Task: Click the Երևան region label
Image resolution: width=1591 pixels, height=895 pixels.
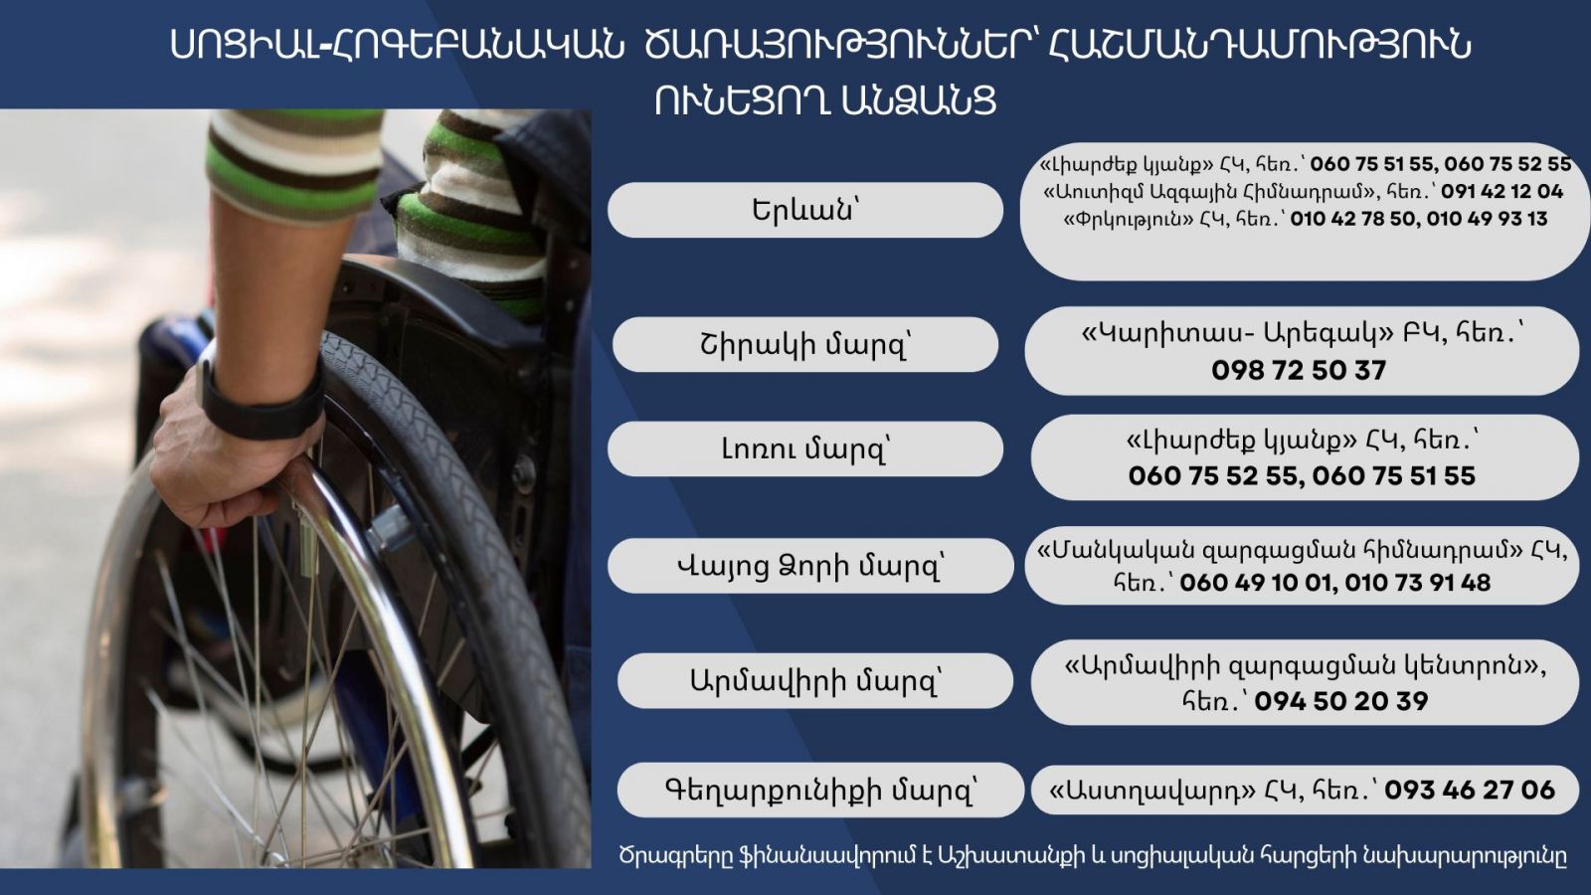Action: tap(804, 210)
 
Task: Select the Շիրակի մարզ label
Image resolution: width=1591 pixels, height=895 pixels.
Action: tap(804, 345)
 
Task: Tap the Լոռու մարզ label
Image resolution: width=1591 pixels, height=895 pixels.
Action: tap(804, 448)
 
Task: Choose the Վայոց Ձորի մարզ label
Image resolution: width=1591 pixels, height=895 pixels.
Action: tap(810, 566)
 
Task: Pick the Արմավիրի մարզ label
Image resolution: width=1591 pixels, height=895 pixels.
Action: tap(815, 681)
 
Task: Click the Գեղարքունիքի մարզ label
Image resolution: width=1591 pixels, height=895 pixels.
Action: tap(820, 790)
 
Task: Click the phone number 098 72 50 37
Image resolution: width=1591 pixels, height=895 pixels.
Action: tap(1299, 370)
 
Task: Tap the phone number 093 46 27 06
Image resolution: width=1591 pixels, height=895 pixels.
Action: tap(1470, 790)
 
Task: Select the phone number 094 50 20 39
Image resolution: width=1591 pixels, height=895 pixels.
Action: tap(1341, 701)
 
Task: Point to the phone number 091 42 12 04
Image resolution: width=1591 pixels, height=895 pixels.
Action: tap(1503, 191)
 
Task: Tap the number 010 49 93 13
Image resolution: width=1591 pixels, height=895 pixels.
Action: tap(1487, 219)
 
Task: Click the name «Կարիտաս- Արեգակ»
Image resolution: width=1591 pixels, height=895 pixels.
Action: tap(1237, 334)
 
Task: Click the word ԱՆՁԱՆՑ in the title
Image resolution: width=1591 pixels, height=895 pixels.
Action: tap(919, 100)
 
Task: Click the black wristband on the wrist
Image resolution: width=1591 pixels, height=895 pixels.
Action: tap(262, 402)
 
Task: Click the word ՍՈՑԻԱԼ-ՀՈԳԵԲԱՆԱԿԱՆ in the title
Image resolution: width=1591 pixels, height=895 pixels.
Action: tap(397, 46)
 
